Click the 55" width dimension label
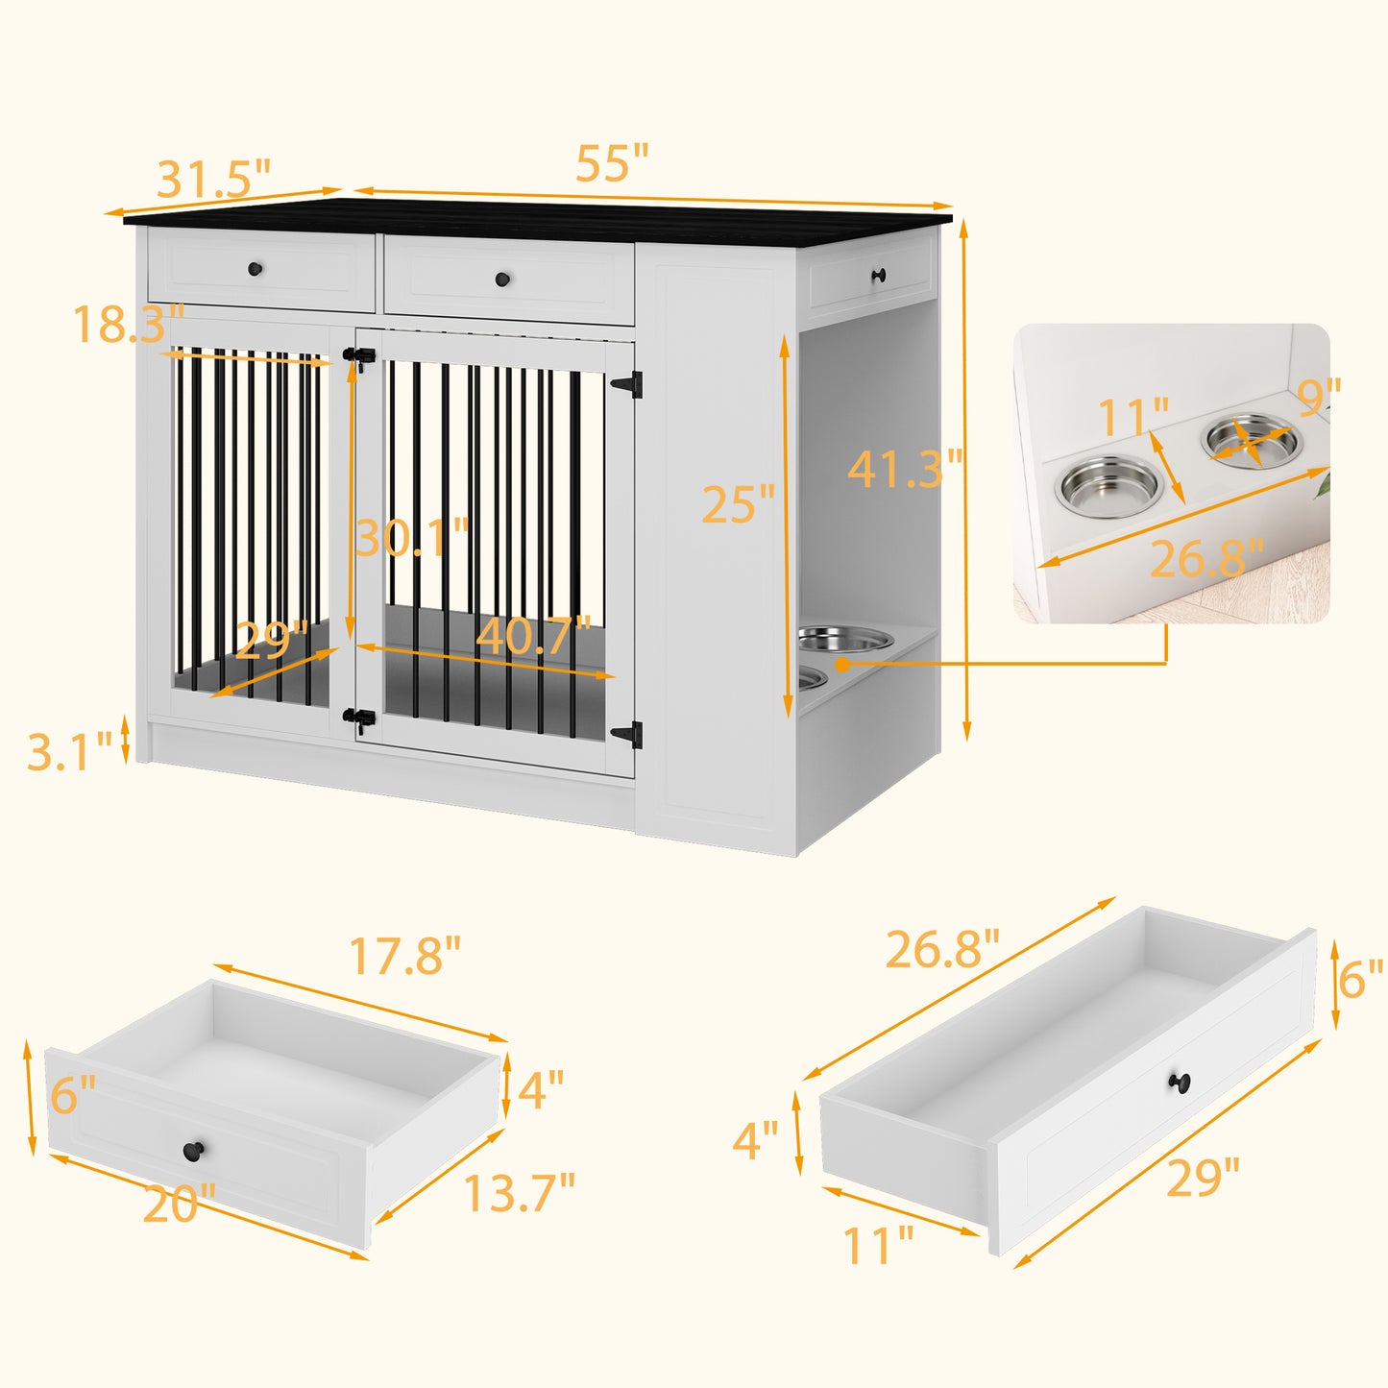pyautogui.click(x=612, y=162)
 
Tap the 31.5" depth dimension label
pyautogui.click(x=213, y=179)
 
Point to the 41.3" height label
pyautogui.click(x=905, y=469)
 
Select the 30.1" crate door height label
pyautogui.click(x=412, y=537)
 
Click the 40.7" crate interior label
pyautogui.click(x=533, y=635)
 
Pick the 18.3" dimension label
pyautogui.click(x=129, y=323)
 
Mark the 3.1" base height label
pyautogui.click(x=69, y=750)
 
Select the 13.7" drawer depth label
pyautogui.click(x=520, y=1192)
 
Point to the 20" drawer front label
pyautogui.click(x=180, y=1204)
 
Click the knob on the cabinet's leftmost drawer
pyautogui.click(x=255, y=269)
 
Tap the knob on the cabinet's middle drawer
pyautogui.click(x=502, y=279)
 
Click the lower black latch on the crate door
pyautogui.click(x=359, y=718)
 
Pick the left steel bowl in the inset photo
pyautogui.click(x=1109, y=486)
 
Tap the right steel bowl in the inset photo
pyautogui.click(x=1252, y=440)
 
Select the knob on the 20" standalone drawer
pyautogui.click(x=193, y=1151)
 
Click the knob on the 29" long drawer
pyautogui.click(x=1180, y=1102)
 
